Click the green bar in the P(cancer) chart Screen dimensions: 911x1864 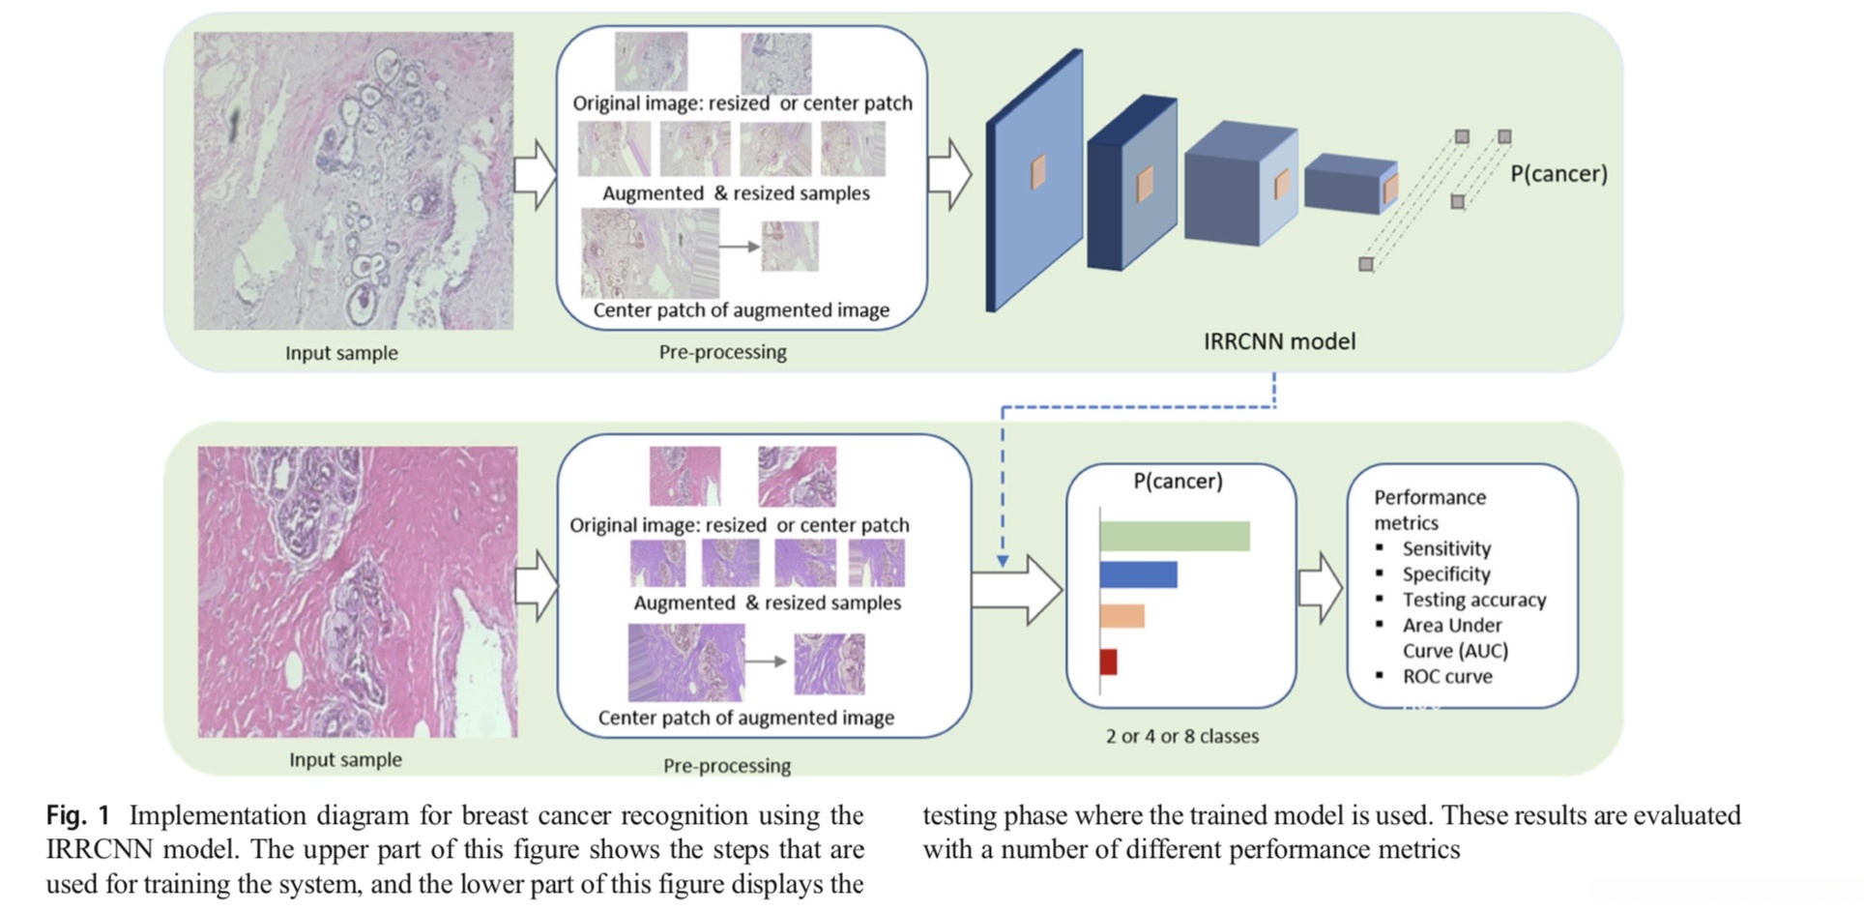[x=1174, y=536]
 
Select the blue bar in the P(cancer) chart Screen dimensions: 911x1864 [x=1138, y=574]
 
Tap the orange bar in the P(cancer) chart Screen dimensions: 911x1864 [x=1121, y=616]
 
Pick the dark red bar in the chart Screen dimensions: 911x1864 [x=1108, y=661]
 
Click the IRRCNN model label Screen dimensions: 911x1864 [x=1279, y=341]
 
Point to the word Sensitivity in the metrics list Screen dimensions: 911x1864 [x=1446, y=548]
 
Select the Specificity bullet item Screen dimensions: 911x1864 [x=1446, y=573]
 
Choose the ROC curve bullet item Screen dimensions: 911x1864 [x=1447, y=676]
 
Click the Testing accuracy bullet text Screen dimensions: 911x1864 [x=1474, y=600]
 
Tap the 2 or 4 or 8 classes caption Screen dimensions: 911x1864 [x=1182, y=736]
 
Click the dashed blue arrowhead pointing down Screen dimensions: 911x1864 [x=1003, y=560]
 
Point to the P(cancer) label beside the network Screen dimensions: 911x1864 [x=1558, y=173]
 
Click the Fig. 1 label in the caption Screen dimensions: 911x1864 [x=78, y=815]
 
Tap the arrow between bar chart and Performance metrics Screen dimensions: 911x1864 [x=1320, y=587]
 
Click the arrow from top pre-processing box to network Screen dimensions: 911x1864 [x=949, y=174]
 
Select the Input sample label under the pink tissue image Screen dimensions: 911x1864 [x=345, y=760]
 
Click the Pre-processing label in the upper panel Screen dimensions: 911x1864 [x=722, y=352]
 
